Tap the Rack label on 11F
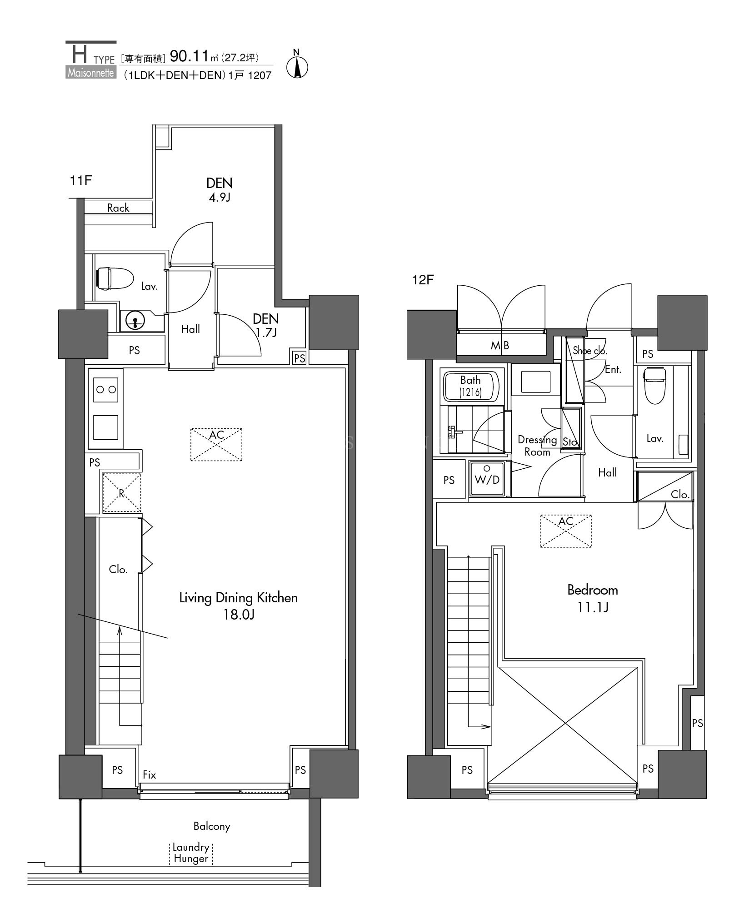pos(118,208)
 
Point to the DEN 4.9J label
pos(220,189)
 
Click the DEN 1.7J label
pos(266,325)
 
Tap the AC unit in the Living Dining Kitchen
pos(216,444)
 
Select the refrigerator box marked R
pos(121,493)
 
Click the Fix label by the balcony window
pos(150,774)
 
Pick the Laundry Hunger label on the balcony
pos(191,853)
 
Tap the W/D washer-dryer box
pos(487,479)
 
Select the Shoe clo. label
pos(590,350)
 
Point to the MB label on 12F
pos(500,345)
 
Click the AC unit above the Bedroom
pos(565,531)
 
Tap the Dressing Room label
pos(537,446)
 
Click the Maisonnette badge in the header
pos(91,73)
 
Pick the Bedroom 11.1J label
pos(593,598)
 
